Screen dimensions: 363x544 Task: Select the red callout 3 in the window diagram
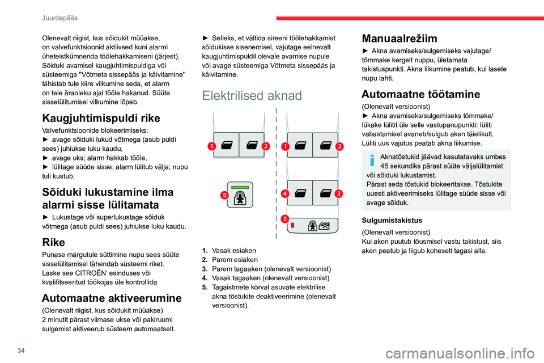[338, 193]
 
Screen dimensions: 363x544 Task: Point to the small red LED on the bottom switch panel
[293, 225]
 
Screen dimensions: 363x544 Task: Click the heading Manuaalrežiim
[399, 39]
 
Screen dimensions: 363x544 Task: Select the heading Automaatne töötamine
[420, 94]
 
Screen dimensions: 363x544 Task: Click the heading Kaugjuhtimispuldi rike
[101, 118]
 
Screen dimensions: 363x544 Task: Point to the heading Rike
[54, 242]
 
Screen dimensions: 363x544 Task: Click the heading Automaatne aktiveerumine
[112, 298]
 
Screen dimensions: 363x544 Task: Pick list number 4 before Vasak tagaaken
[205, 277]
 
